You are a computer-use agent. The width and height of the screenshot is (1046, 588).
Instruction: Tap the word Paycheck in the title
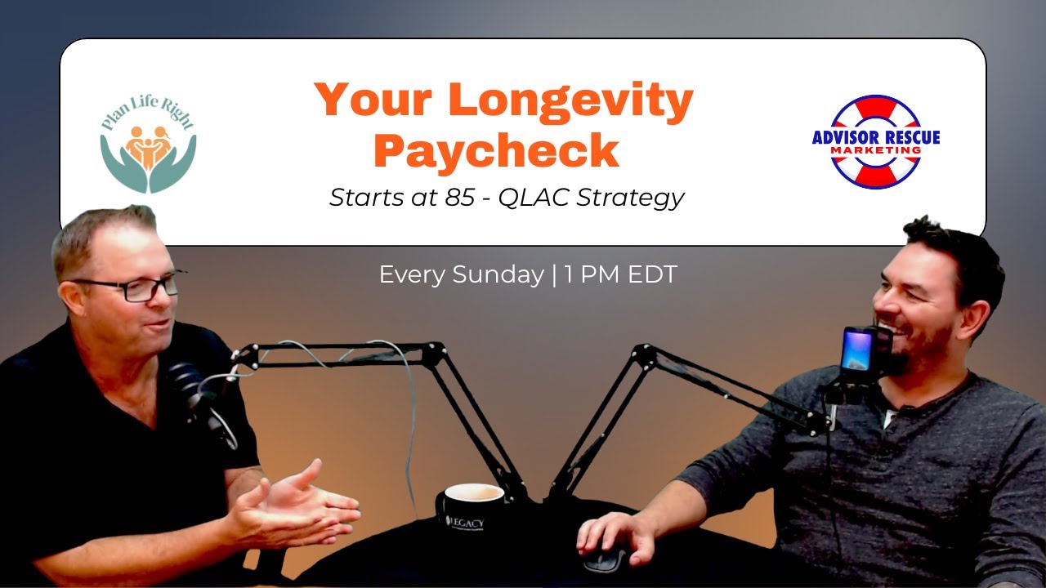click(x=501, y=151)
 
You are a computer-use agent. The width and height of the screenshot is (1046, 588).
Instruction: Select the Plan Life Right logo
click(x=148, y=145)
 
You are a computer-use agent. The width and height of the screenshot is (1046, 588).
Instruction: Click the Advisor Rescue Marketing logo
click(x=876, y=142)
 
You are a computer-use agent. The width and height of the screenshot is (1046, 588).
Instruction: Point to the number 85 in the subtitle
click(x=460, y=198)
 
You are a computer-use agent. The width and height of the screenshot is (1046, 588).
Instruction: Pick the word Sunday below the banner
click(x=496, y=275)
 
